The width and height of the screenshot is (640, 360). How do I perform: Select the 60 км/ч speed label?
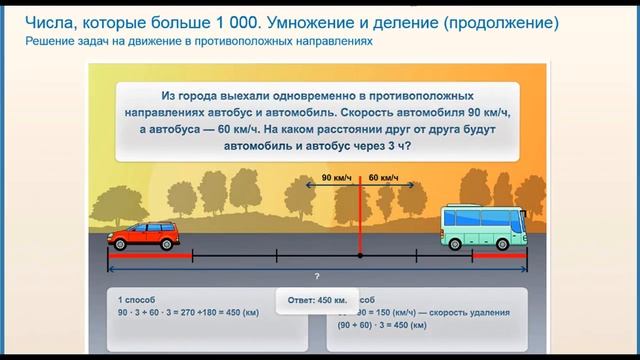tap(383, 178)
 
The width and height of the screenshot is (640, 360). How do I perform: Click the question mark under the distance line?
tap(316, 275)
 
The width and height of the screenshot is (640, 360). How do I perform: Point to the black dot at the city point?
tap(359, 256)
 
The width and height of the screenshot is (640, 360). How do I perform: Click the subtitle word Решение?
tap(52, 43)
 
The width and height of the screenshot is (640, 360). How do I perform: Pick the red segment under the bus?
tap(500, 257)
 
